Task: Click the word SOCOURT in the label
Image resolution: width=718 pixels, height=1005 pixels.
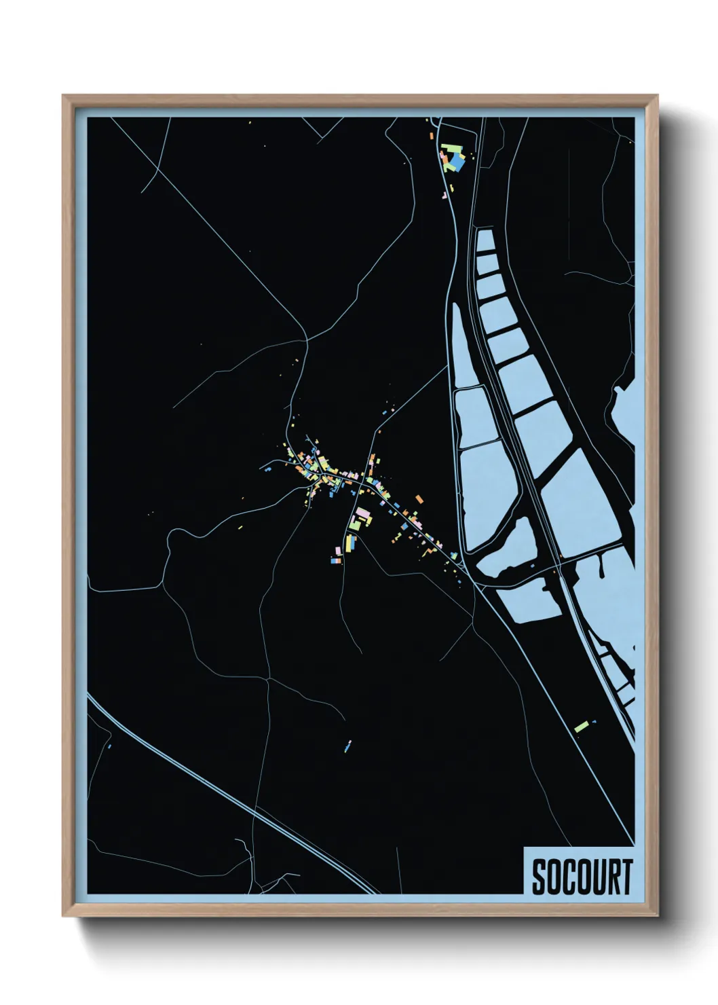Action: click(x=582, y=877)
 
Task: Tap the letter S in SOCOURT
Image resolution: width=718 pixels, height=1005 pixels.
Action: click(x=537, y=877)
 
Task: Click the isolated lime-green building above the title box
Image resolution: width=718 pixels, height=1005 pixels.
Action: click(x=580, y=727)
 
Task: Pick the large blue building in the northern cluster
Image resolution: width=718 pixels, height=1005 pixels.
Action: click(x=457, y=164)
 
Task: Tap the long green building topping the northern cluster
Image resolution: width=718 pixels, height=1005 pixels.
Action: click(x=449, y=147)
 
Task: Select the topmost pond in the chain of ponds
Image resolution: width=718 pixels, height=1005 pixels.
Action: click(x=485, y=241)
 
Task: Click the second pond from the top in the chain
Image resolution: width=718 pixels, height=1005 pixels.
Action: click(x=489, y=263)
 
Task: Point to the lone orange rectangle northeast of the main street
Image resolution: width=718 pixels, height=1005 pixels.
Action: click(x=419, y=499)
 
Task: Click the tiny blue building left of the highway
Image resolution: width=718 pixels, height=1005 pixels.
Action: click(x=109, y=746)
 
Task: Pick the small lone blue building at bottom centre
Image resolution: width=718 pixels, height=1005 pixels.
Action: click(x=348, y=746)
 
